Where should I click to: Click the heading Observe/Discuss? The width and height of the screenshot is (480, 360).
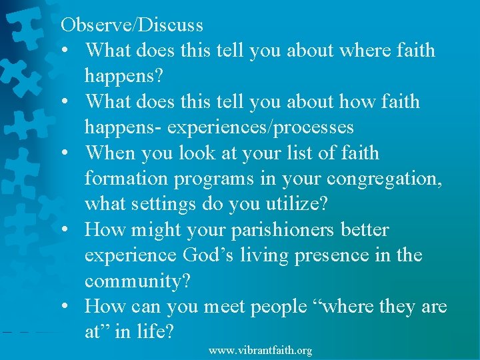point(132,25)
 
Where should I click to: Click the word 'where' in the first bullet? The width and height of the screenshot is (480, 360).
point(360,51)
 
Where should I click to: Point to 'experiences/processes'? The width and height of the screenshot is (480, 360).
point(260,127)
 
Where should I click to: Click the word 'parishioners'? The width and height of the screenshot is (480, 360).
point(283,231)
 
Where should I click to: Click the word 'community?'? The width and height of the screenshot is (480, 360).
point(137,281)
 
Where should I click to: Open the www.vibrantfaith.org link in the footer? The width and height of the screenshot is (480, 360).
point(260,351)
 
